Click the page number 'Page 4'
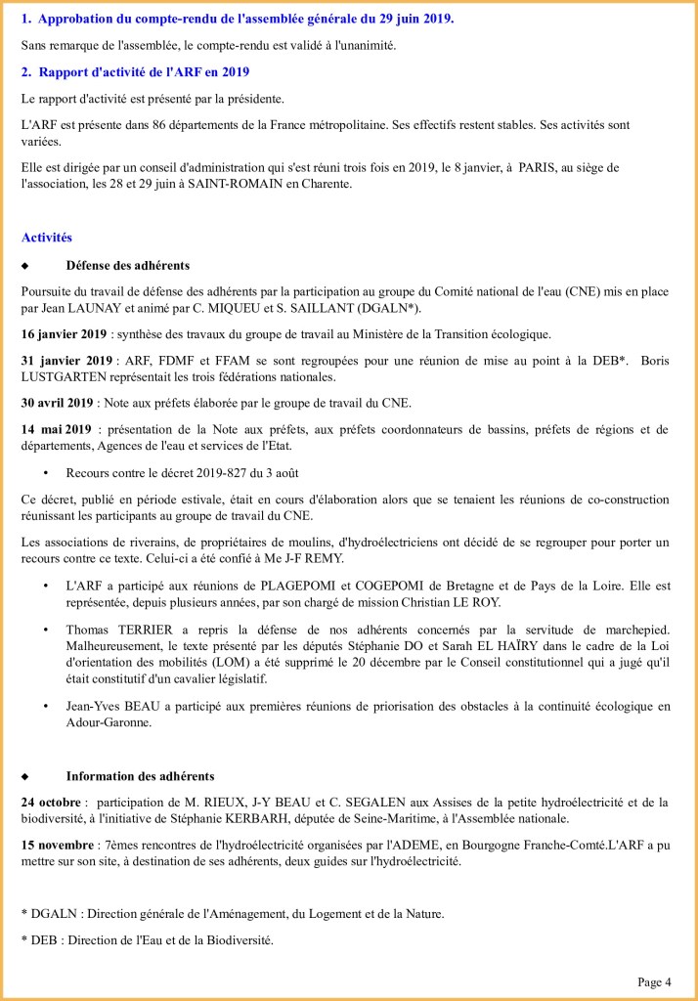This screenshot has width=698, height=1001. click(x=654, y=981)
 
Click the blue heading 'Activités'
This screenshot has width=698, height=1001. click(x=46, y=238)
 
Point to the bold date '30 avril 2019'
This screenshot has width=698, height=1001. click(x=58, y=402)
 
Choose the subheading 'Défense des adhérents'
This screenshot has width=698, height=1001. click(x=127, y=265)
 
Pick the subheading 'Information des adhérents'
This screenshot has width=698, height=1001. click(x=140, y=775)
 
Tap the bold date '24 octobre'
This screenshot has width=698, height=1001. click(x=51, y=803)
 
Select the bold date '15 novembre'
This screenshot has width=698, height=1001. click(x=54, y=844)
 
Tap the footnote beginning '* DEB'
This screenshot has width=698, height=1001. click(x=147, y=939)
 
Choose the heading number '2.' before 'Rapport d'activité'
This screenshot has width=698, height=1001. click(x=27, y=71)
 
